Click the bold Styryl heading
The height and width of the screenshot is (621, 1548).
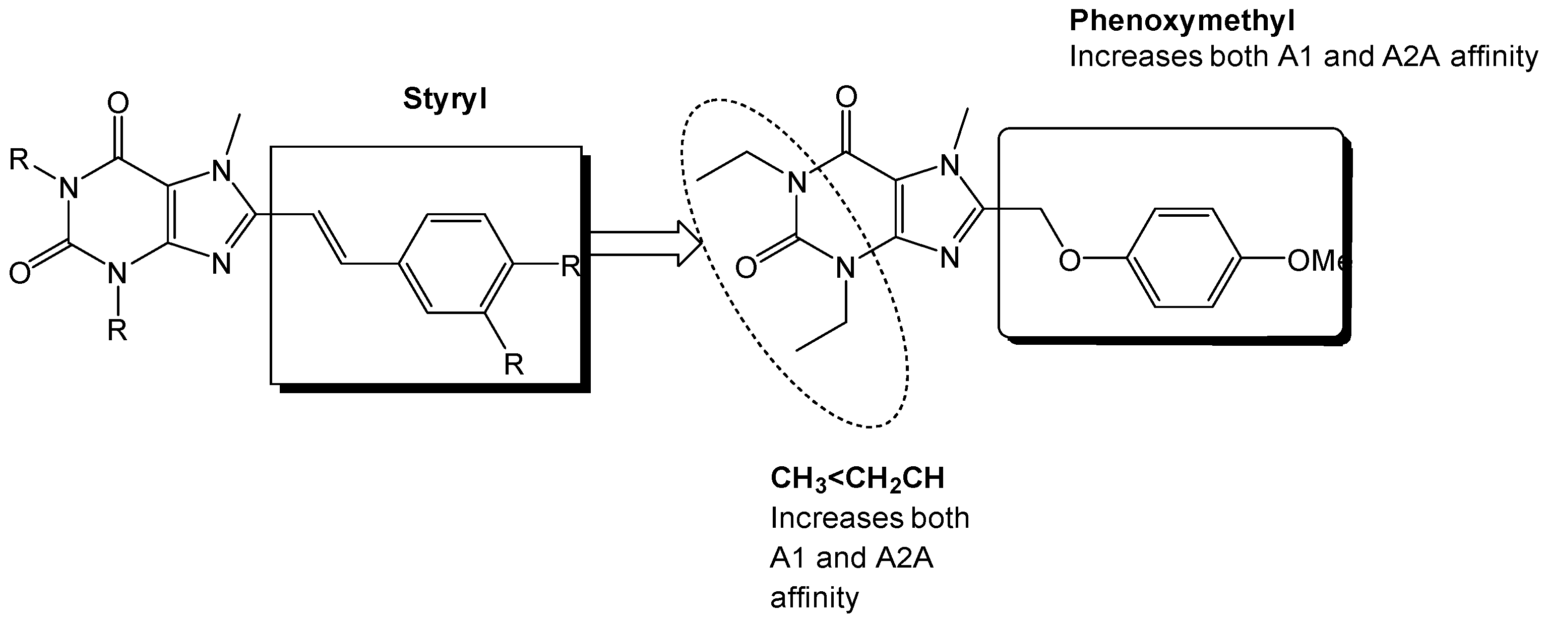445,100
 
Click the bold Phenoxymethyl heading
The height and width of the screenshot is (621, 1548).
1182,22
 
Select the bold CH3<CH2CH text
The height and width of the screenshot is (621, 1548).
857,480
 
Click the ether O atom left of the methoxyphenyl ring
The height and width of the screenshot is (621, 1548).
1069,261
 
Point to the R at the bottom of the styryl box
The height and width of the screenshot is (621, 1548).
513,364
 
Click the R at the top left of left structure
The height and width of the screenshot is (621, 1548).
19,160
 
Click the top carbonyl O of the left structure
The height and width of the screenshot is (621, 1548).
118,103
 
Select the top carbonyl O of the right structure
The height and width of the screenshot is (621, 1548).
846,97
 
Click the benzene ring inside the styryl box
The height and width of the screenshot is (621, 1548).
456,263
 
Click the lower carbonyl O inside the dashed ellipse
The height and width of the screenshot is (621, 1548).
746,268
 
